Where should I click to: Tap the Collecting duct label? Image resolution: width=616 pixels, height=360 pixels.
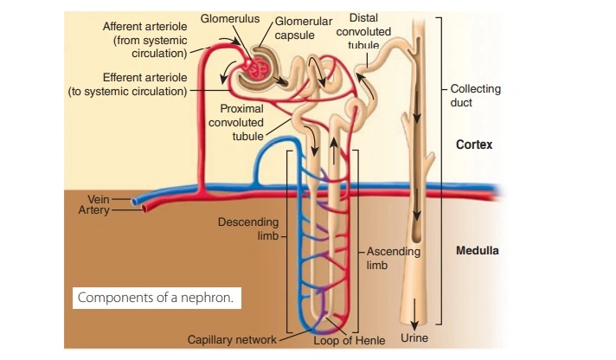[x=475, y=95]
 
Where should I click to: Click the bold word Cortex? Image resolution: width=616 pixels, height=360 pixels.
[x=474, y=145]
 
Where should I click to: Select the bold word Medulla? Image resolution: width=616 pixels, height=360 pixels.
[x=478, y=252]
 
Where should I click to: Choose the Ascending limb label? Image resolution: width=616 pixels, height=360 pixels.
[x=393, y=258]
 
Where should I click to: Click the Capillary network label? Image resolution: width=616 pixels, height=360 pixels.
[x=232, y=339]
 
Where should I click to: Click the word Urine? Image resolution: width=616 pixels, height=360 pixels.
[x=415, y=337]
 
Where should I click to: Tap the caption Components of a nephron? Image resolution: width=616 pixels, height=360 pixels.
[x=156, y=298]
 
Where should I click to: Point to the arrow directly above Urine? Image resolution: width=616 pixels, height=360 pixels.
[x=416, y=311]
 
